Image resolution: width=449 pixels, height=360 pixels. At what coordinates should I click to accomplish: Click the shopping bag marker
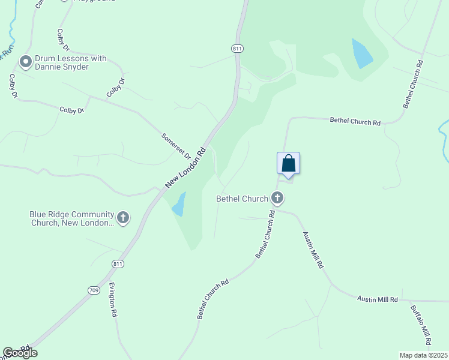[288, 164]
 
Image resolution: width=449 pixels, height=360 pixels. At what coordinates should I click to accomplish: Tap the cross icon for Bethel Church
[277, 197]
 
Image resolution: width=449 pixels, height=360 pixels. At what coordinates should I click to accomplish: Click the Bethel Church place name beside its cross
[243, 198]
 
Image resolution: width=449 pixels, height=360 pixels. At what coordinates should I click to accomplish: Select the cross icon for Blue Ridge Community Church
[123, 218]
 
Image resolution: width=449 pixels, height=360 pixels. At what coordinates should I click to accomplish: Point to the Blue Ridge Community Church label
[72, 218]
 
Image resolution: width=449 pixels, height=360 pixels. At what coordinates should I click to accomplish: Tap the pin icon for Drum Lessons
[26, 62]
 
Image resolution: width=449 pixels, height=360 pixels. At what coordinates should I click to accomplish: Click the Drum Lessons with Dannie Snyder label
[70, 62]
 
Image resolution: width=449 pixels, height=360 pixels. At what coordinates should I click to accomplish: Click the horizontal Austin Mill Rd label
[378, 299]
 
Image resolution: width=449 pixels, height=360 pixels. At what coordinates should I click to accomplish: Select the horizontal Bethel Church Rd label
[355, 121]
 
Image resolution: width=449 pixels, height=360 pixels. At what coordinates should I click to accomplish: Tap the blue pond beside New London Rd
[179, 205]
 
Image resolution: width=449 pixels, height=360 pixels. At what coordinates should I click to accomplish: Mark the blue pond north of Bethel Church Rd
[362, 53]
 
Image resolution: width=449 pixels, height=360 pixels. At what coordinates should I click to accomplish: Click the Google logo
[20, 353]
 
